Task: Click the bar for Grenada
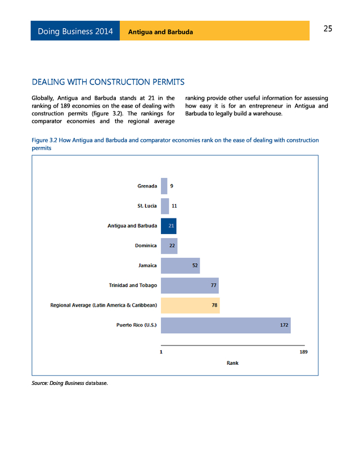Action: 164,186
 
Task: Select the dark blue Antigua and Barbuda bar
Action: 168,226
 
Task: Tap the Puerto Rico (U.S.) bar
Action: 225,325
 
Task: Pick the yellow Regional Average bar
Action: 190,306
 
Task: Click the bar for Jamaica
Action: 180,266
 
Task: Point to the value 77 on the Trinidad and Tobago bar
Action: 214,285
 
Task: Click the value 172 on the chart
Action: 285,325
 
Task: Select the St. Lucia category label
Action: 147,206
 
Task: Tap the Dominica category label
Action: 146,245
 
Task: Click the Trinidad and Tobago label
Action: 133,285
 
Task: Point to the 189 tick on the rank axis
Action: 304,352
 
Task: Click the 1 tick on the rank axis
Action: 161,352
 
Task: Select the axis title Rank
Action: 232,363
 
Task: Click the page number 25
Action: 327,29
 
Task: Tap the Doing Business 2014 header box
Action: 75,31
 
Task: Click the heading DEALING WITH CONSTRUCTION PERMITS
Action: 108,83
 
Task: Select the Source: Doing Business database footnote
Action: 69,384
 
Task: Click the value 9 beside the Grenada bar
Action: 172,186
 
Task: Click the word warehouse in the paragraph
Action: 267,114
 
